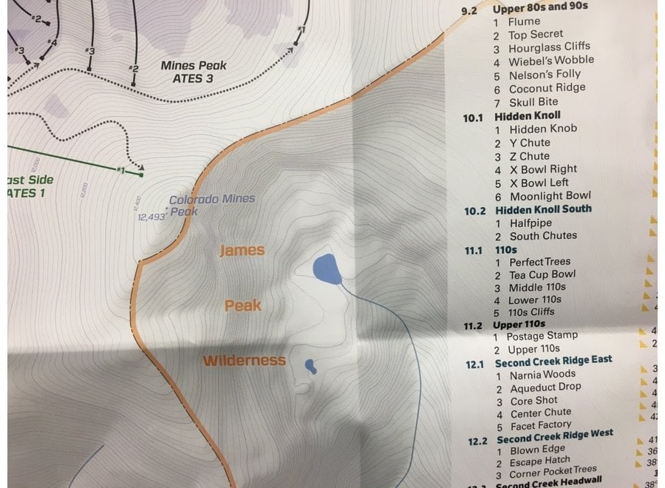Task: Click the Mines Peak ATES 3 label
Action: pyautogui.click(x=194, y=72)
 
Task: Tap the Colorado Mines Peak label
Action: pyautogui.click(x=211, y=205)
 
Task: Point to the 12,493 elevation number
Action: pyautogui.click(x=149, y=217)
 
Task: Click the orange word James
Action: pyautogui.click(x=242, y=251)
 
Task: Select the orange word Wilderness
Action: pyautogui.click(x=244, y=361)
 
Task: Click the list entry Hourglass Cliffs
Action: pyautogui.click(x=549, y=47)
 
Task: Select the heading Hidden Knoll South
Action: pyautogui.click(x=543, y=209)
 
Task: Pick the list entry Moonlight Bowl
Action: pyautogui.click(x=550, y=196)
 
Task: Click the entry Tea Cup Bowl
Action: pyautogui.click(x=542, y=274)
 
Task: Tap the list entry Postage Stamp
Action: pyautogui.click(x=542, y=336)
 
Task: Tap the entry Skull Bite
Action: pyautogui.click(x=533, y=101)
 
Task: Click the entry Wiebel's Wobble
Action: pyautogui.click(x=550, y=61)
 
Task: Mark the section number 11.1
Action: pyautogui.click(x=473, y=251)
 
